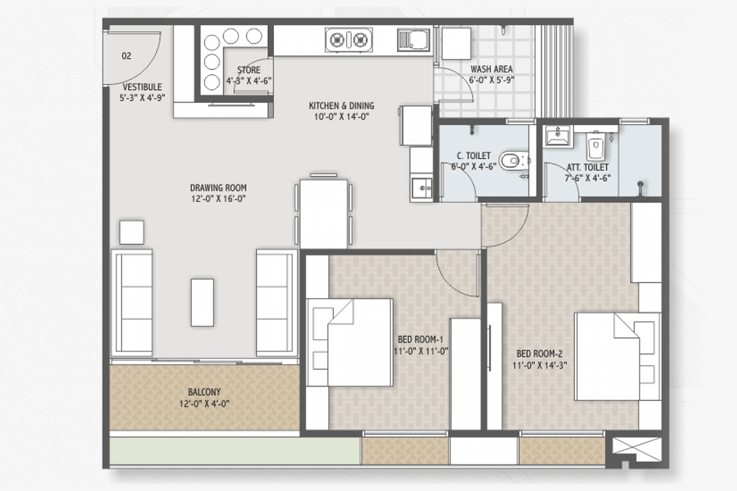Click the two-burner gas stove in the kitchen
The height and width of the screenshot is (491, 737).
(x=349, y=40)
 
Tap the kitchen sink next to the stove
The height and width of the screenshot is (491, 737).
(x=414, y=40)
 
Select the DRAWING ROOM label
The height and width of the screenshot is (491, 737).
(x=219, y=188)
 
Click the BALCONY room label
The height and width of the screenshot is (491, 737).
(x=204, y=392)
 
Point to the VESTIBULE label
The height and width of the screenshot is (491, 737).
(x=142, y=87)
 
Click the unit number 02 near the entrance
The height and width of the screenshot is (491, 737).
(x=126, y=56)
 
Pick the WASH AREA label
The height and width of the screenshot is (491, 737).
(x=491, y=69)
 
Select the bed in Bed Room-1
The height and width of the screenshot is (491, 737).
(x=350, y=342)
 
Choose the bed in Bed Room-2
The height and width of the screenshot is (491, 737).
(x=618, y=357)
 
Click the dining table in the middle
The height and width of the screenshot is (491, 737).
(x=324, y=214)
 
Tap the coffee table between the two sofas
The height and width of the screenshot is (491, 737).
(x=202, y=302)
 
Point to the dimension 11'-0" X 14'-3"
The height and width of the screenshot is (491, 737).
(x=539, y=365)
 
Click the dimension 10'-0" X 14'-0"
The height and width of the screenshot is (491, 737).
(x=341, y=116)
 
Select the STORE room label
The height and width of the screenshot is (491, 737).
(x=249, y=70)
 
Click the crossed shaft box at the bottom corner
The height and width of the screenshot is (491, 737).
(x=636, y=450)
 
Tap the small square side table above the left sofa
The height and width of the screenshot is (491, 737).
(x=132, y=233)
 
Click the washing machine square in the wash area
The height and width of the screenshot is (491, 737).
(x=456, y=44)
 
